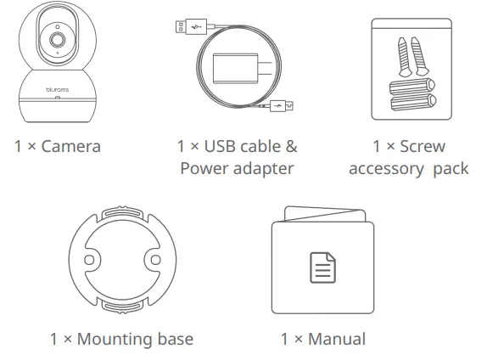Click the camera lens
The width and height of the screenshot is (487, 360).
tap(58, 40)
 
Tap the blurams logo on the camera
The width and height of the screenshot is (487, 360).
tap(58, 89)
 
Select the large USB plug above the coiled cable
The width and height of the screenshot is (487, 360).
tap(191, 26)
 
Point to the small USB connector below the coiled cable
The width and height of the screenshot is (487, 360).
tap(282, 106)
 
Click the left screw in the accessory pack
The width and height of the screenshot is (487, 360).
tap(404, 57)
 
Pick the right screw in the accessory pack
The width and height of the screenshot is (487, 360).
tap(419, 56)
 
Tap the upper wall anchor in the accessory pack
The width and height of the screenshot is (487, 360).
tap(412, 86)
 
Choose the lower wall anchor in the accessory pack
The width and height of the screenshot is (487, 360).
tap(413, 103)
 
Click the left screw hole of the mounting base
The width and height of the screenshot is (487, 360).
tap(89, 260)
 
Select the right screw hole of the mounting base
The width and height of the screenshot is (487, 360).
tap(155, 260)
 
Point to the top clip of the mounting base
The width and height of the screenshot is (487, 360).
tap(123, 212)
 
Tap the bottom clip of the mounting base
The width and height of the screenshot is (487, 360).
tap(123, 307)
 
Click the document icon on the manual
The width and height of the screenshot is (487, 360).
tap(323, 267)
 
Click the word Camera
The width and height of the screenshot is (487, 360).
tap(71, 146)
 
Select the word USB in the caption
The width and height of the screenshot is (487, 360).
tap(220, 146)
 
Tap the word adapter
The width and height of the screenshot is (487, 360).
tap(263, 169)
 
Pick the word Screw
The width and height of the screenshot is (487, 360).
tap(423, 146)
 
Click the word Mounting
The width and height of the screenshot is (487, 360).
tap(115, 340)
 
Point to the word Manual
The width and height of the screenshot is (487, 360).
tap(337, 339)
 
